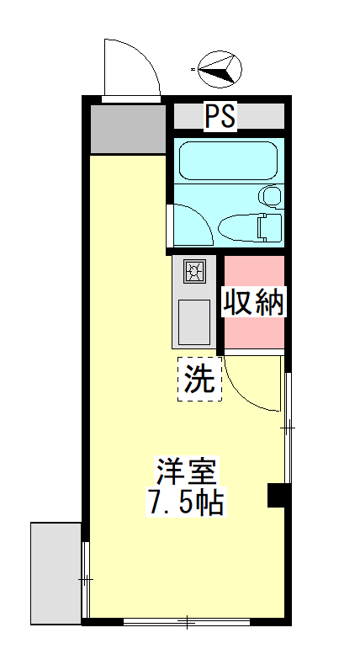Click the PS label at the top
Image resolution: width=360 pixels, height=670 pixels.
click(x=220, y=116)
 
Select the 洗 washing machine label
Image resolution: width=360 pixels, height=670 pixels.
click(x=199, y=379)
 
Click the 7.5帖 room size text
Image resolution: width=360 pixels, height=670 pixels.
click(x=185, y=503)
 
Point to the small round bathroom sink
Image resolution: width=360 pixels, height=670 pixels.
click(x=271, y=196)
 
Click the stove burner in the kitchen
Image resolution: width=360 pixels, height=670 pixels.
click(x=194, y=271)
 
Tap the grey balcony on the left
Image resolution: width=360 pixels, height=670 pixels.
click(x=56, y=572)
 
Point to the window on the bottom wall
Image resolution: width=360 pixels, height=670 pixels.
click(x=187, y=623)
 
